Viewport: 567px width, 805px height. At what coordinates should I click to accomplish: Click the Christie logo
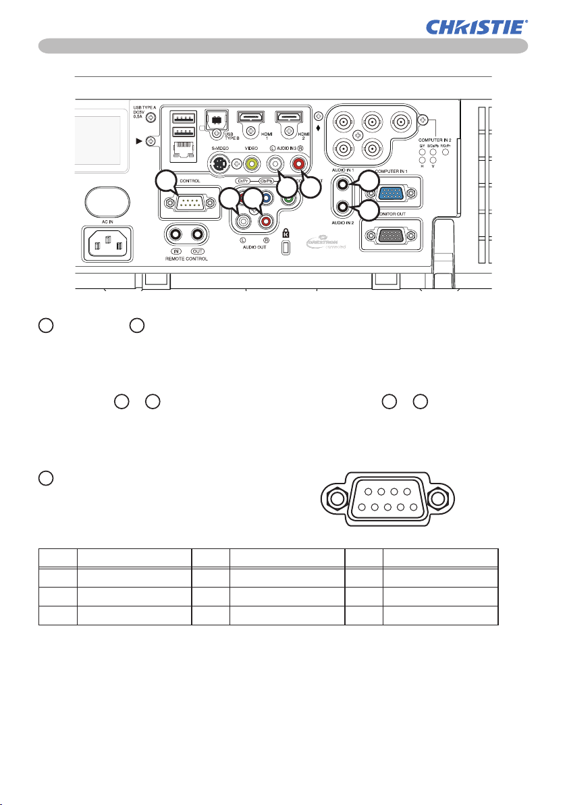coord(477,27)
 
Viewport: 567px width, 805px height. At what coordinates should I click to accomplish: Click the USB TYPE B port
coord(217,118)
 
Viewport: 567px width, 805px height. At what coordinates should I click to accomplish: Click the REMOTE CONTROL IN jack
coord(176,234)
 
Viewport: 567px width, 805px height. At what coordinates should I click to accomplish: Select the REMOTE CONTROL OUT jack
coord(198,234)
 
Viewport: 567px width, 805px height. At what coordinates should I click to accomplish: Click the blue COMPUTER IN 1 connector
coord(389,194)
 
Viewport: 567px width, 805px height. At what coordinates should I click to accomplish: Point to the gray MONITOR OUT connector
coord(389,236)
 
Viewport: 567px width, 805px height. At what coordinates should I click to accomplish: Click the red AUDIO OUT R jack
coord(265,220)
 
